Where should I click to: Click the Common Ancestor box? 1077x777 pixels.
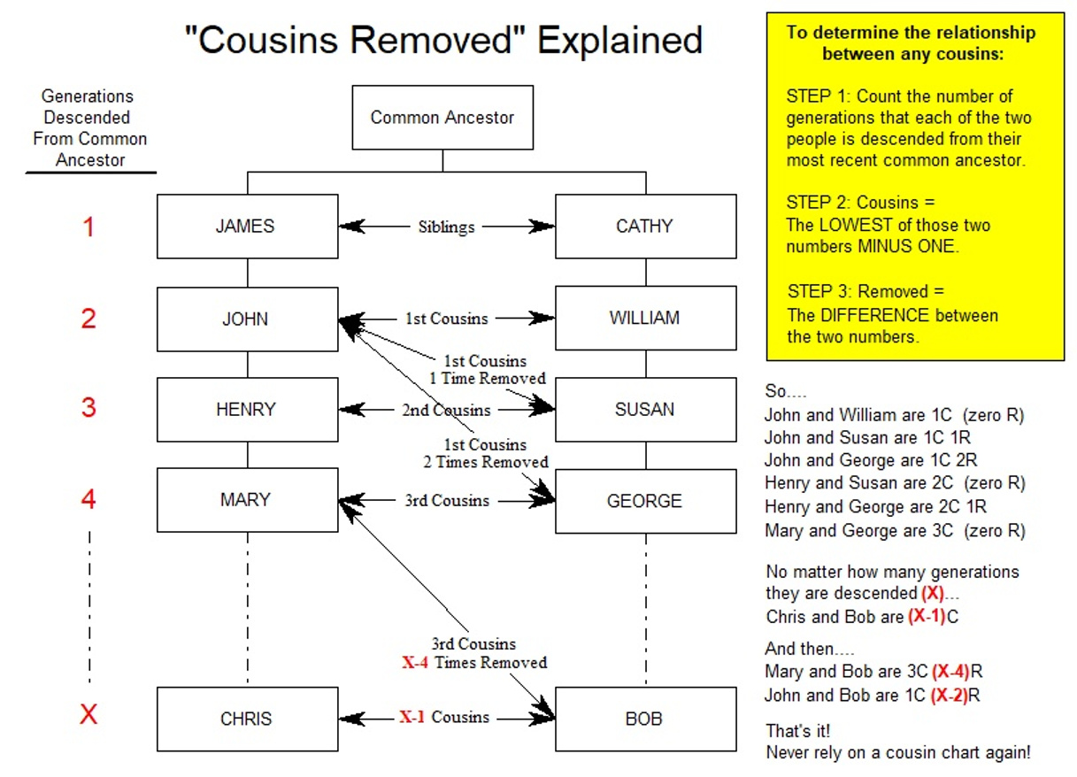point(442,118)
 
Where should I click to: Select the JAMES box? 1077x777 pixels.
point(247,227)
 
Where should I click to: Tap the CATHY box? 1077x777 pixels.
point(645,227)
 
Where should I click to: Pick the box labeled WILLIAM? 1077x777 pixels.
point(645,319)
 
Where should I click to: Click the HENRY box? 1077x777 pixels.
point(247,410)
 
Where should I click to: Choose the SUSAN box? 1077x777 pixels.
point(645,410)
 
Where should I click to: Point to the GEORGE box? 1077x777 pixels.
point(645,501)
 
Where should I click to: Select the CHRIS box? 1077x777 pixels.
point(247,719)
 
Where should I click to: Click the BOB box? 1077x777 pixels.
point(645,719)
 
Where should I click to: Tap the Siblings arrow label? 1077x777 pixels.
point(446,227)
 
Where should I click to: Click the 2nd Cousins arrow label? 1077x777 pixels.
point(446,410)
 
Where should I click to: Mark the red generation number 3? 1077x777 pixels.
point(88,409)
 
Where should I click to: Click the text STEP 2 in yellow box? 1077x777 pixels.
point(817,203)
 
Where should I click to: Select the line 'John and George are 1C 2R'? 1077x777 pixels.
point(871,460)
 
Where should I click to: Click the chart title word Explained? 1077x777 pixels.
point(620,40)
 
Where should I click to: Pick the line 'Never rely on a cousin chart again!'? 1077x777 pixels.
point(897,754)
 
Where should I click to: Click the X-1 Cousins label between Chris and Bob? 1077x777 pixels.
point(444,717)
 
